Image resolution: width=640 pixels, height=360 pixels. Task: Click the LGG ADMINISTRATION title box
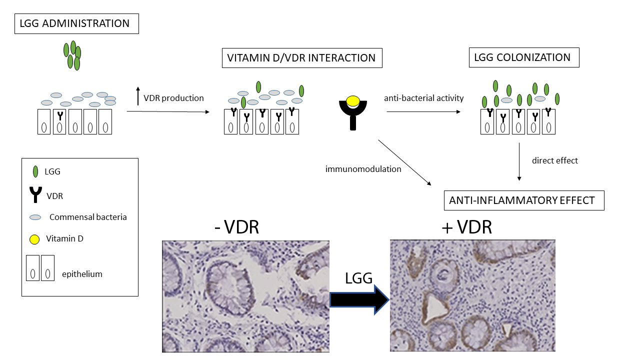[x=76, y=23]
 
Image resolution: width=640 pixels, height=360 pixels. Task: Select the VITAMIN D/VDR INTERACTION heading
[x=301, y=57]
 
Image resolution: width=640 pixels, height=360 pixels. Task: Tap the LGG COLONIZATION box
[x=523, y=57]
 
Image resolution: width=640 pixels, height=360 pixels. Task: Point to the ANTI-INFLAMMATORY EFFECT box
[x=523, y=200]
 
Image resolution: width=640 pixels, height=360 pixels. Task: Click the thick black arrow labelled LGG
[x=359, y=300]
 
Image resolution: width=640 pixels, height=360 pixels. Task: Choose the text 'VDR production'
[x=173, y=98]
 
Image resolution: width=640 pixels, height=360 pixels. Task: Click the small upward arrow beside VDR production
[x=138, y=95]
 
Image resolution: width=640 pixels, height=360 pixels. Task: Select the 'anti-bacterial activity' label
[x=423, y=98]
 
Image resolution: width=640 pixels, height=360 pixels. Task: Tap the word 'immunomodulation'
[x=363, y=169]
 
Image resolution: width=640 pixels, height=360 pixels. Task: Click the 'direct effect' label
[x=554, y=160]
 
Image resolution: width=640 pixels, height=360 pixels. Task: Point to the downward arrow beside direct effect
[x=519, y=161]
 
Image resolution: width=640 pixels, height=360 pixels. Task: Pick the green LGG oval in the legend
[x=35, y=171]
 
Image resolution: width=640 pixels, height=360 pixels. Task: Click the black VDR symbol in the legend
[x=35, y=195]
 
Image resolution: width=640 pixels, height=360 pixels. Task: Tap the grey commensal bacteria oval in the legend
[x=35, y=217]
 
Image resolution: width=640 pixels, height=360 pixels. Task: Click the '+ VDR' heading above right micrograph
[x=467, y=227]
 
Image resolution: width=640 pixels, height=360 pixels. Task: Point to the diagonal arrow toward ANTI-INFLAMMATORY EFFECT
[x=405, y=163]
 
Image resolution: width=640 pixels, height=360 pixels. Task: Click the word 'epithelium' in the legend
[x=82, y=274]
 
